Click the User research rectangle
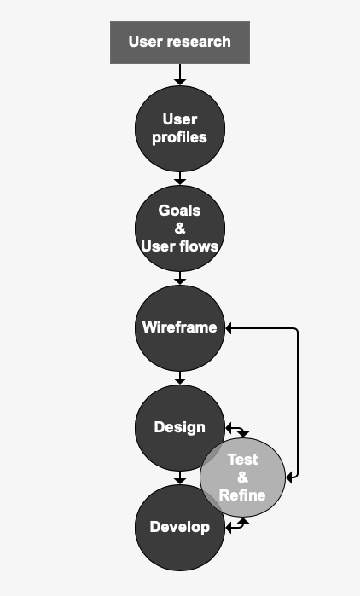(x=180, y=43)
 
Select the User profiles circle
(x=180, y=129)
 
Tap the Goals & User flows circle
(x=180, y=229)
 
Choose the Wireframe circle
(x=180, y=328)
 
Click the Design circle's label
(x=180, y=427)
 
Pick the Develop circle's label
(x=180, y=527)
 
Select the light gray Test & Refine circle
(x=242, y=477)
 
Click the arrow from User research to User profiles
(x=180, y=74)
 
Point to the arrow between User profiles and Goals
(x=180, y=178)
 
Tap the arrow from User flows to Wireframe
(x=180, y=278)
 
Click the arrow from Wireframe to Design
(x=180, y=378)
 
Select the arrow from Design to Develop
(x=180, y=477)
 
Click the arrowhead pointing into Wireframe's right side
(x=229, y=328)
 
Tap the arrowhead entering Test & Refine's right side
(x=289, y=477)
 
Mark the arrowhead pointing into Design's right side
(x=229, y=428)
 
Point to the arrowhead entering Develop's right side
(x=229, y=528)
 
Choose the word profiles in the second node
(x=179, y=137)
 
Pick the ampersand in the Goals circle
(x=180, y=229)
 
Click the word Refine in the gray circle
(x=242, y=495)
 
